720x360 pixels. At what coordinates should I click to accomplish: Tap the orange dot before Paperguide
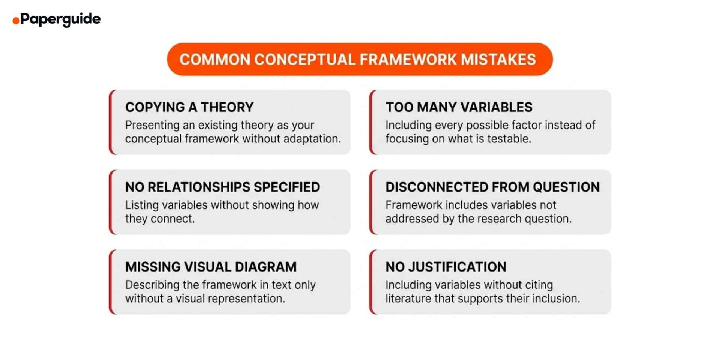tap(16, 20)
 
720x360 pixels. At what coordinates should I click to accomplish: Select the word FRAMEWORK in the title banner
tap(408, 60)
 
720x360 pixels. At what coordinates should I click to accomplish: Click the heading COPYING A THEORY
tap(189, 107)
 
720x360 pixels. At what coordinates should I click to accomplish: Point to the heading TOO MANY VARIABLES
tap(459, 107)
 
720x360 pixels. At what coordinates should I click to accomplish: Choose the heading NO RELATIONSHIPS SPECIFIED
tap(222, 187)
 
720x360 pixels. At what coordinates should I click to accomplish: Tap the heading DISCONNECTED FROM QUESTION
tap(492, 187)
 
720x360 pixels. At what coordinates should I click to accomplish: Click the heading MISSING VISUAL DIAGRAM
tap(211, 267)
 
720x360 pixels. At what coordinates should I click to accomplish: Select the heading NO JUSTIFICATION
tap(446, 267)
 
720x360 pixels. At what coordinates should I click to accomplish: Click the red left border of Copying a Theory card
tap(111, 122)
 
